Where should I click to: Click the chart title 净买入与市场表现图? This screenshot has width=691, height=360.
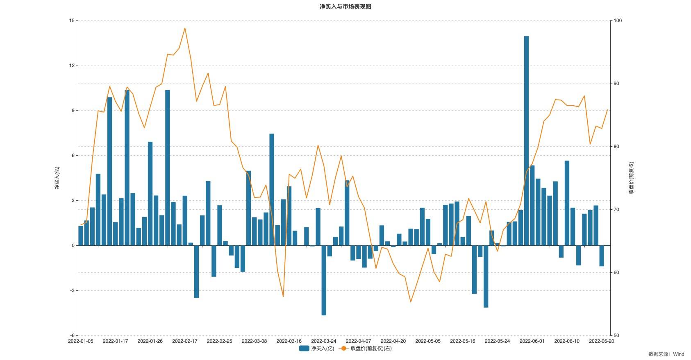coord(345,7)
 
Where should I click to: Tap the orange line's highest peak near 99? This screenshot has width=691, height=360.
coord(185,28)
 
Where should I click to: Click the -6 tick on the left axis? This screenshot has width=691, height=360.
coord(72,335)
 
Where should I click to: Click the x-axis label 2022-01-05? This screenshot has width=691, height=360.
coord(81,341)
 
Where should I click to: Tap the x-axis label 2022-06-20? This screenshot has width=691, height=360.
coord(601,341)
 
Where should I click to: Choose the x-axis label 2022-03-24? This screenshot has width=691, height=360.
coord(324,341)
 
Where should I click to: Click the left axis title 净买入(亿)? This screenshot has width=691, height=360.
coord(57,178)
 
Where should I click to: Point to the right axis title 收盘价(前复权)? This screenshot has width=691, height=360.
coord(631,178)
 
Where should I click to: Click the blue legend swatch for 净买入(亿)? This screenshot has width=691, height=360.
coord(304,349)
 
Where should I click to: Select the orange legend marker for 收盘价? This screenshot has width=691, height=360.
coord(344,349)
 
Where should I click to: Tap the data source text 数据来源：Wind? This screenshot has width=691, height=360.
coord(666,354)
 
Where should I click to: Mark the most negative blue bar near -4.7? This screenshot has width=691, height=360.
coord(324,281)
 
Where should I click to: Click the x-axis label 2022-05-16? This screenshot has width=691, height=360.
coord(463,341)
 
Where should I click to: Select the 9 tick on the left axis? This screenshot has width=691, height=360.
coord(73,111)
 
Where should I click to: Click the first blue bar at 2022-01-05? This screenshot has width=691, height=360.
coord(81,235)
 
